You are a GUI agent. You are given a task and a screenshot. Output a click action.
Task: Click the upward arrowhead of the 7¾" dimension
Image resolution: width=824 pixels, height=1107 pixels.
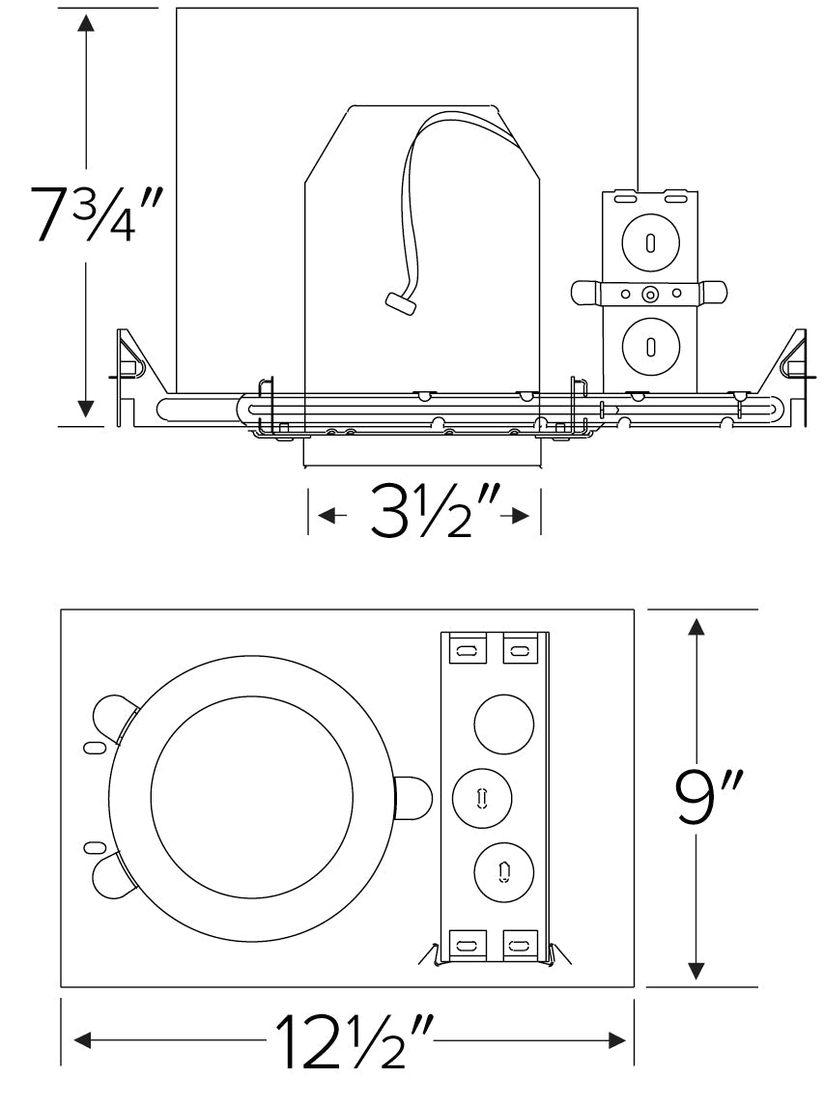tap(88, 24)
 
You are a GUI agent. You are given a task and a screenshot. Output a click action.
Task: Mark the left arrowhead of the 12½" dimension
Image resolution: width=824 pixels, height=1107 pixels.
tap(83, 1040)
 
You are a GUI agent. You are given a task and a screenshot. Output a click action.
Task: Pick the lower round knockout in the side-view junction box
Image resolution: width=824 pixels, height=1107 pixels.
tap(650, 345)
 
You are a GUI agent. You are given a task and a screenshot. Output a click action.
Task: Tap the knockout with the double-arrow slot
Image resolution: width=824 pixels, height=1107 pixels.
tap(482, 799)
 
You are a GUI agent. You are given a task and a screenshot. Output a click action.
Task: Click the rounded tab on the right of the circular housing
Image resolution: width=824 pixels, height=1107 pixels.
tap(414, 798)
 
